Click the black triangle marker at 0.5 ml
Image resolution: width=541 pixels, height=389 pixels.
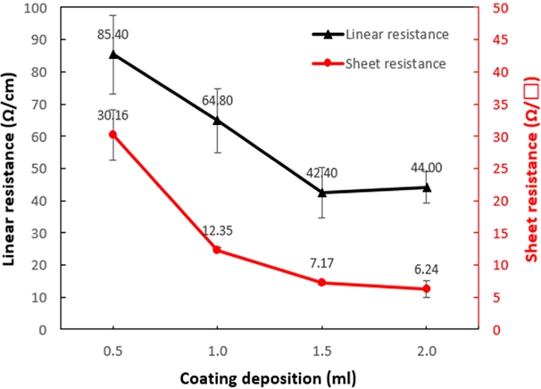pos(112,54)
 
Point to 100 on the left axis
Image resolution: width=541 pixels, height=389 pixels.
pos(35,8)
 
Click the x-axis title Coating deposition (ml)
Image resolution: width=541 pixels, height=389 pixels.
pos(269,376)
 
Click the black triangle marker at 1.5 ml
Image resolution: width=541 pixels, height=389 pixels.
pos(321,192)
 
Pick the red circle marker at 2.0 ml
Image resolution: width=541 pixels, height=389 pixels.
pos(426,289)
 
